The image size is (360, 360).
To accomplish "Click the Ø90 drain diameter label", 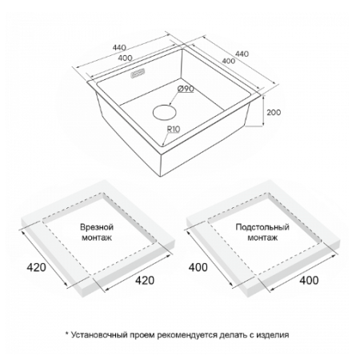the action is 186,89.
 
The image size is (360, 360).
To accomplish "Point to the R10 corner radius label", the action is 174,129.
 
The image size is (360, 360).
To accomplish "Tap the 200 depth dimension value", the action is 274,113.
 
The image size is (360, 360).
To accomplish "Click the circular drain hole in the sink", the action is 165,113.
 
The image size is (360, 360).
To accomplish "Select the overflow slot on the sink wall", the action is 138,74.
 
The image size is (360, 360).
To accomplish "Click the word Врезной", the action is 97,227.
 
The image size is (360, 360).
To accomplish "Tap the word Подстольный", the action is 262,227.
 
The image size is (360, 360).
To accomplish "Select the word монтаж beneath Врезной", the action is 97,238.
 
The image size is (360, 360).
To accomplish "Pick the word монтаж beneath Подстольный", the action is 262,238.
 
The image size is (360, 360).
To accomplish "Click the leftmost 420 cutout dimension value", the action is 36,267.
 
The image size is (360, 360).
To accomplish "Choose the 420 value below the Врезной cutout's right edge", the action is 145,280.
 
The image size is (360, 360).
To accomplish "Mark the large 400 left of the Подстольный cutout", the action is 198,267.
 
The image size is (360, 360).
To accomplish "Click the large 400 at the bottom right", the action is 309,280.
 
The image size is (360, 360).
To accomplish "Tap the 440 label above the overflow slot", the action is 119,48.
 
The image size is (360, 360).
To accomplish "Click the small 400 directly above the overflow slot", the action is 125,58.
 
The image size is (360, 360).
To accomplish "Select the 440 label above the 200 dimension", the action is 242,54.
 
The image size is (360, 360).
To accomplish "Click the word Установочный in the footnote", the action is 99,335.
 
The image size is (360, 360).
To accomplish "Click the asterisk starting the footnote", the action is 67,334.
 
